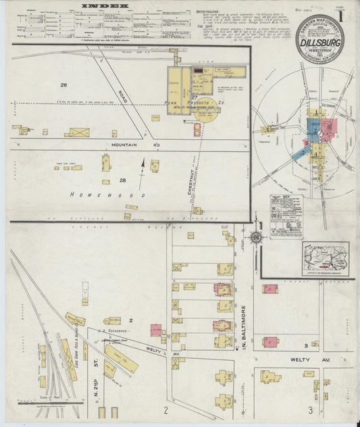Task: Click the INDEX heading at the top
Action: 104,5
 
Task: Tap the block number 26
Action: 64,85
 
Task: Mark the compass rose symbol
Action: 256,236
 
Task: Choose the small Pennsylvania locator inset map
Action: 326,258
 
